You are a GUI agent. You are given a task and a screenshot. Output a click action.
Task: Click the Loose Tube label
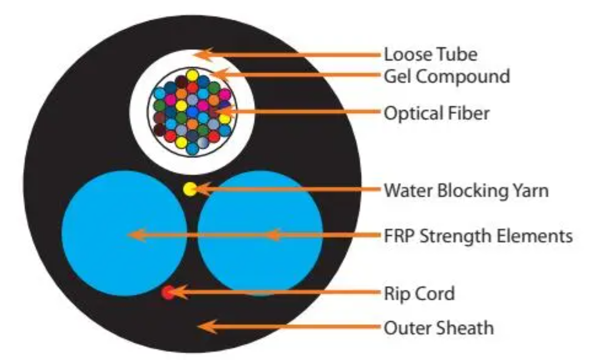[430, 54]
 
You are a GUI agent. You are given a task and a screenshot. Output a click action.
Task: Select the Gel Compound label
[447, 76]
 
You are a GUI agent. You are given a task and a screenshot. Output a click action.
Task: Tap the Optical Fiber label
[437, 113]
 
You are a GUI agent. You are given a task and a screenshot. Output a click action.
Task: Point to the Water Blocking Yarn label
[466, 190]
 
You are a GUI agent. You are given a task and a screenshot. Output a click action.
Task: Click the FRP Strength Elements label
[478, 236]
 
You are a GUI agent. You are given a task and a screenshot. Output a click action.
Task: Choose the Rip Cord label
[419, 293]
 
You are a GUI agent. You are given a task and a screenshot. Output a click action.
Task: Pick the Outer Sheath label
[439, 328]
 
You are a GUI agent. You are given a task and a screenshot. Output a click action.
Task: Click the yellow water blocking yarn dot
[190, 190]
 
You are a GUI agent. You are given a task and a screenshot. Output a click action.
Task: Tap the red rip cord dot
[168, 292]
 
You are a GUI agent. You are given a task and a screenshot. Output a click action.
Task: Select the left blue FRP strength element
[124, 234]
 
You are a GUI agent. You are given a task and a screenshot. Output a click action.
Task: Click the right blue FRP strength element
[260, 234]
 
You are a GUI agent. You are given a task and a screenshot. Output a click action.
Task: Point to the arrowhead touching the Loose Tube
[203, 54]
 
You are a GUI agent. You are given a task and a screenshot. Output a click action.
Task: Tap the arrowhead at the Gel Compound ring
[220, 75]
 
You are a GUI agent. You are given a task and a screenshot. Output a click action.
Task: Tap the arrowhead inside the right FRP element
[274, 235]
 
